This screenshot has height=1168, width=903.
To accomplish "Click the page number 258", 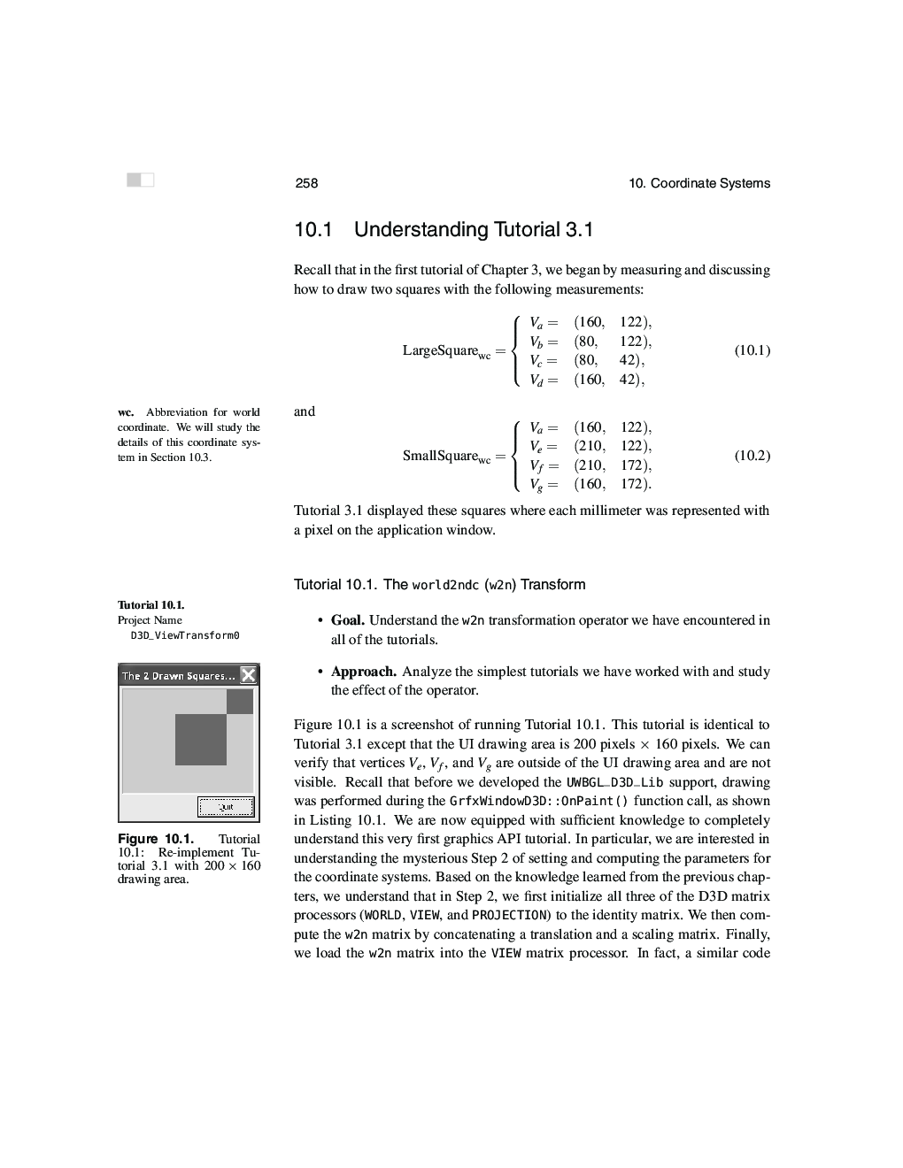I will pyautogui.click(x=306, y=183).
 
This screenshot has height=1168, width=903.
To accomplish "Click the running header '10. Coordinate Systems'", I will pyautogui.click(x=698, y=183).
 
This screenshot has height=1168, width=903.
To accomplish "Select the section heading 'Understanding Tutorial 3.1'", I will pyautogui.click(x=473, y=230).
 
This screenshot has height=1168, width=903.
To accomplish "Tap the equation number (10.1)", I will pyautogui.click(x=752, y=350).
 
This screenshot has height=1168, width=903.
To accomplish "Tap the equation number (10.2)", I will pyautogui.click(x=752, y=456).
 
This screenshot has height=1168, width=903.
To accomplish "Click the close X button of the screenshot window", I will pyautogui.click(x=249, y=676).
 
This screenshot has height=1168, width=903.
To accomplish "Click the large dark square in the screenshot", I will pyautogui.click(x=201, y=740).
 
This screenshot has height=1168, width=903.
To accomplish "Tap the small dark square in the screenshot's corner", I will pyautogui.click(x=240, y=702).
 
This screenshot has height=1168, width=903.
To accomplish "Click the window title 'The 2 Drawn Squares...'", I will pyautogui.click(x=178, y=676).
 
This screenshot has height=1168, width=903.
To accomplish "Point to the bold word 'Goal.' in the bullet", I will pyautogui.click(x=348, y=620).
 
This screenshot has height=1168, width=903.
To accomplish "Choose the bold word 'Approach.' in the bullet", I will pyautogui.click(x=363, y=672).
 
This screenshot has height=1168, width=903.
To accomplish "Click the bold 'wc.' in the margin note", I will pyautogui.click(x=126, y=412).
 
